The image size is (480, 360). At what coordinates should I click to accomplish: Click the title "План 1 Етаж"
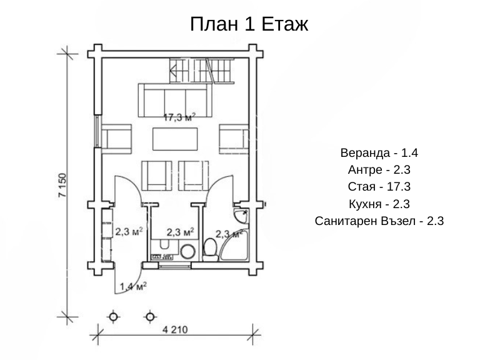click(x=249, y=24)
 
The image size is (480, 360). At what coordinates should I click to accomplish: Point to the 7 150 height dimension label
click(x=62, y=185)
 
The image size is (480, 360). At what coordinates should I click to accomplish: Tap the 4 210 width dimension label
click(x=175, y=330)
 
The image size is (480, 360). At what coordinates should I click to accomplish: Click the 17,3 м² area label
click(x=179, y=117)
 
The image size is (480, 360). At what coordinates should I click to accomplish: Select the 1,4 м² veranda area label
click(x=133, y=286)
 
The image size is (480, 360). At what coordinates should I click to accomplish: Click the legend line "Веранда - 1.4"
click(x=379, y=152)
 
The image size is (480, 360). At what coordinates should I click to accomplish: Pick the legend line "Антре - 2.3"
click(x=379, y=169)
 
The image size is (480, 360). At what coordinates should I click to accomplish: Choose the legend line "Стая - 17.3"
click(x=379, y=186)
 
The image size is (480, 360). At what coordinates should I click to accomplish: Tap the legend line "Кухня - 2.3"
click(x=379, y=204)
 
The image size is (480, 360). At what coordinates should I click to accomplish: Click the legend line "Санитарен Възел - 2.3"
click(x=379, y=221)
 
